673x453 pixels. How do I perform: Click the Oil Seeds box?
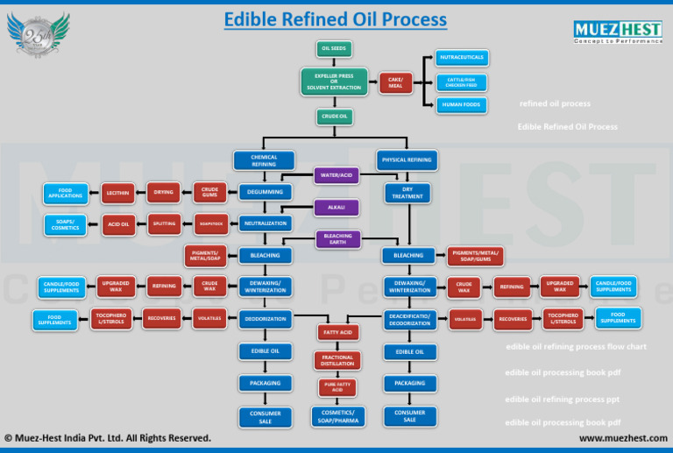334,49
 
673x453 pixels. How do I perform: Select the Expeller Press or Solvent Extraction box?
334,82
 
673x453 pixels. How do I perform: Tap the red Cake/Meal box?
395,82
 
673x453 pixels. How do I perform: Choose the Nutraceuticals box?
462,58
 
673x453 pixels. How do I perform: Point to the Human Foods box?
462,104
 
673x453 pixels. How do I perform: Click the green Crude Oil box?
334,117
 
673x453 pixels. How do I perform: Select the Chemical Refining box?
264,160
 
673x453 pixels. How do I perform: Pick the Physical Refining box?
407,160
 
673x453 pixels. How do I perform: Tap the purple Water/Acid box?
336,175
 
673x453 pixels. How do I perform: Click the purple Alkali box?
336,208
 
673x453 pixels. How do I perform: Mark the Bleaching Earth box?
337,239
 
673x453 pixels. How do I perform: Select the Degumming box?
265,192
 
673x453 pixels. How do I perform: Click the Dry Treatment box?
407,192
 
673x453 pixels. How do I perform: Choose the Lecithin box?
118,192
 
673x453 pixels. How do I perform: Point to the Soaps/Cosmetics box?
66,224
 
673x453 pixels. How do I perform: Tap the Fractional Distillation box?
337,360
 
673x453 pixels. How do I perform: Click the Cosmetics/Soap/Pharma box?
337,416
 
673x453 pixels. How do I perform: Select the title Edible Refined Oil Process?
335,19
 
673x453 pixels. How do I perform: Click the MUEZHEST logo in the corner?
618,31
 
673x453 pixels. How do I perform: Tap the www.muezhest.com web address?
623,437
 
